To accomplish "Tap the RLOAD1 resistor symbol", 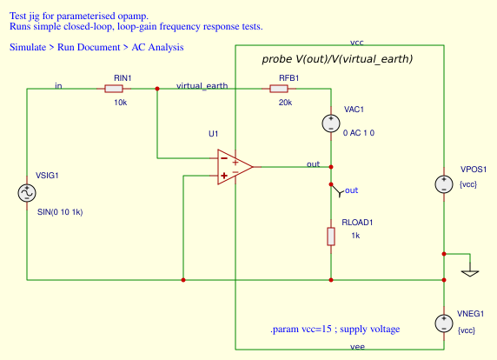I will [331, 236].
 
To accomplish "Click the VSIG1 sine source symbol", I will [27, 193].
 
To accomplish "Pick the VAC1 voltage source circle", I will [331, 123].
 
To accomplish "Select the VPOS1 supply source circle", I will [444, 184].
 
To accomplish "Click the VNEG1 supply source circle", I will [444, 323].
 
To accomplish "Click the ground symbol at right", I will [470, 271].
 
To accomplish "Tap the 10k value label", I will [121, 103].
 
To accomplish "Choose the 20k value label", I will [286, 103].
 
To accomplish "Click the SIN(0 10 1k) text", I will [60, 211].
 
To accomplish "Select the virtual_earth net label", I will [202, 85].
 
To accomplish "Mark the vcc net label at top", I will [357, 41].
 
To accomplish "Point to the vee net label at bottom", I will [357, 346].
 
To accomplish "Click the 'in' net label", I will [58, 85].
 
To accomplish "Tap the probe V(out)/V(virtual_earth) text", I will [337, 59].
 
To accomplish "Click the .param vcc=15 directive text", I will [335, 329].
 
